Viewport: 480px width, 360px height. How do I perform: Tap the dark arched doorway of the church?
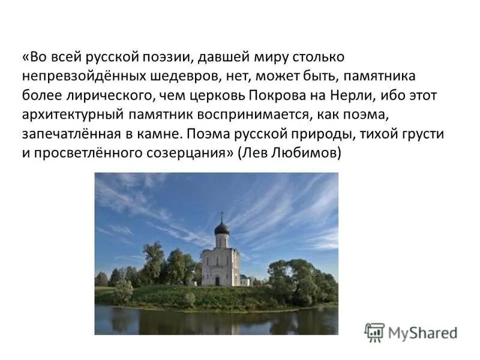(217, 280)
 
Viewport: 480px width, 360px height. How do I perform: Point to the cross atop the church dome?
(221, 215)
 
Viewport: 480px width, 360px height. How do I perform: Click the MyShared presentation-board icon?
(374, 332)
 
